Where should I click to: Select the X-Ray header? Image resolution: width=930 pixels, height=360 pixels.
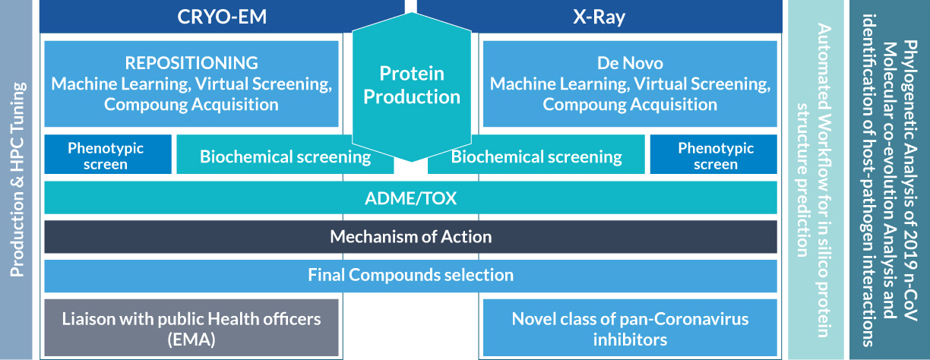[x=599, y=17]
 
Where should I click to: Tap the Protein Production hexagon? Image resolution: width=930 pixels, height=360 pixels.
[x=410, y=86]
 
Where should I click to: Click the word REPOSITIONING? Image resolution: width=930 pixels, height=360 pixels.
[x=191, y=62]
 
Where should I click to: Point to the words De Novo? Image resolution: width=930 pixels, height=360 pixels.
[x=630, y=62]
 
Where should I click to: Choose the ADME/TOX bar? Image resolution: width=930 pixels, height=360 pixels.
[x=410, y=198]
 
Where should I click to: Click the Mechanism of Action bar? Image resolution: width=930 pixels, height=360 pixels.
[x=410, y=236]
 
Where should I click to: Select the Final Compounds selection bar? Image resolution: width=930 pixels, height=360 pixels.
[x=410, y=274]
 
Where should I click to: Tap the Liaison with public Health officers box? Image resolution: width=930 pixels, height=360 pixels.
[x=191, y=328]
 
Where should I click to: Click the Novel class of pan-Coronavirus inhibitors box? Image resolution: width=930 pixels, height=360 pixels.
[x=630, y=328]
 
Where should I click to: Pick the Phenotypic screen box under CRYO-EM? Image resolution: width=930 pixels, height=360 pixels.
[x=106, y=156]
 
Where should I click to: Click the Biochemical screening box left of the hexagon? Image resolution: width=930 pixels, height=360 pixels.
[x=285, y=156]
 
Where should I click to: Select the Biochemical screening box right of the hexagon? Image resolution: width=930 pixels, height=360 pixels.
[x=536, y=156]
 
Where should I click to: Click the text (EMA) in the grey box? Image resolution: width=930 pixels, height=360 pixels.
[x=191, y=339]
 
